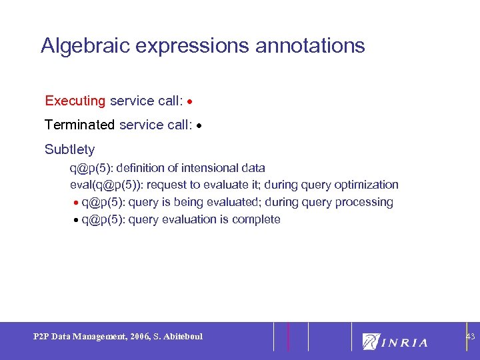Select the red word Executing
pyautogui.click(x=75, y=101)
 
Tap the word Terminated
pyautogui.click(x=79, y=125)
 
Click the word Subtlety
pyautogui.click(x=69, y=149)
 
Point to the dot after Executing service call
pyautogui.click(x=191, y=102)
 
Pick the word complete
pyautogui.click(x=256, y=220)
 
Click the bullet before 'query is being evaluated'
pyautogui.click(x=76, y=203)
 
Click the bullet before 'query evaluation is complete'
pyautogui.click(x=76, y=220)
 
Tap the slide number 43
pyautogui.click(x=470, y=337)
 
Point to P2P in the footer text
pyautogui.click(x=41, y=337)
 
